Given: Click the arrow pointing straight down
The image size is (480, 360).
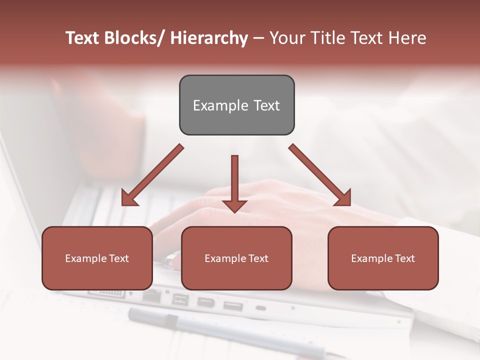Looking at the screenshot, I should (x=234, y=182).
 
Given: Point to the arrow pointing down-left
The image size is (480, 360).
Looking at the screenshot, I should (x=152, y=175).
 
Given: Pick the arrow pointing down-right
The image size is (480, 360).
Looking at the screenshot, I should (x=320, y=175).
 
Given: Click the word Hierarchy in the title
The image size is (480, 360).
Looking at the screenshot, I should (x=209, y=38).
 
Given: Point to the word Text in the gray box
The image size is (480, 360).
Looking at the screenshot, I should (x=266, y=105).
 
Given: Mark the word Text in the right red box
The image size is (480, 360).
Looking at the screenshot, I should (x=404, y=258).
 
